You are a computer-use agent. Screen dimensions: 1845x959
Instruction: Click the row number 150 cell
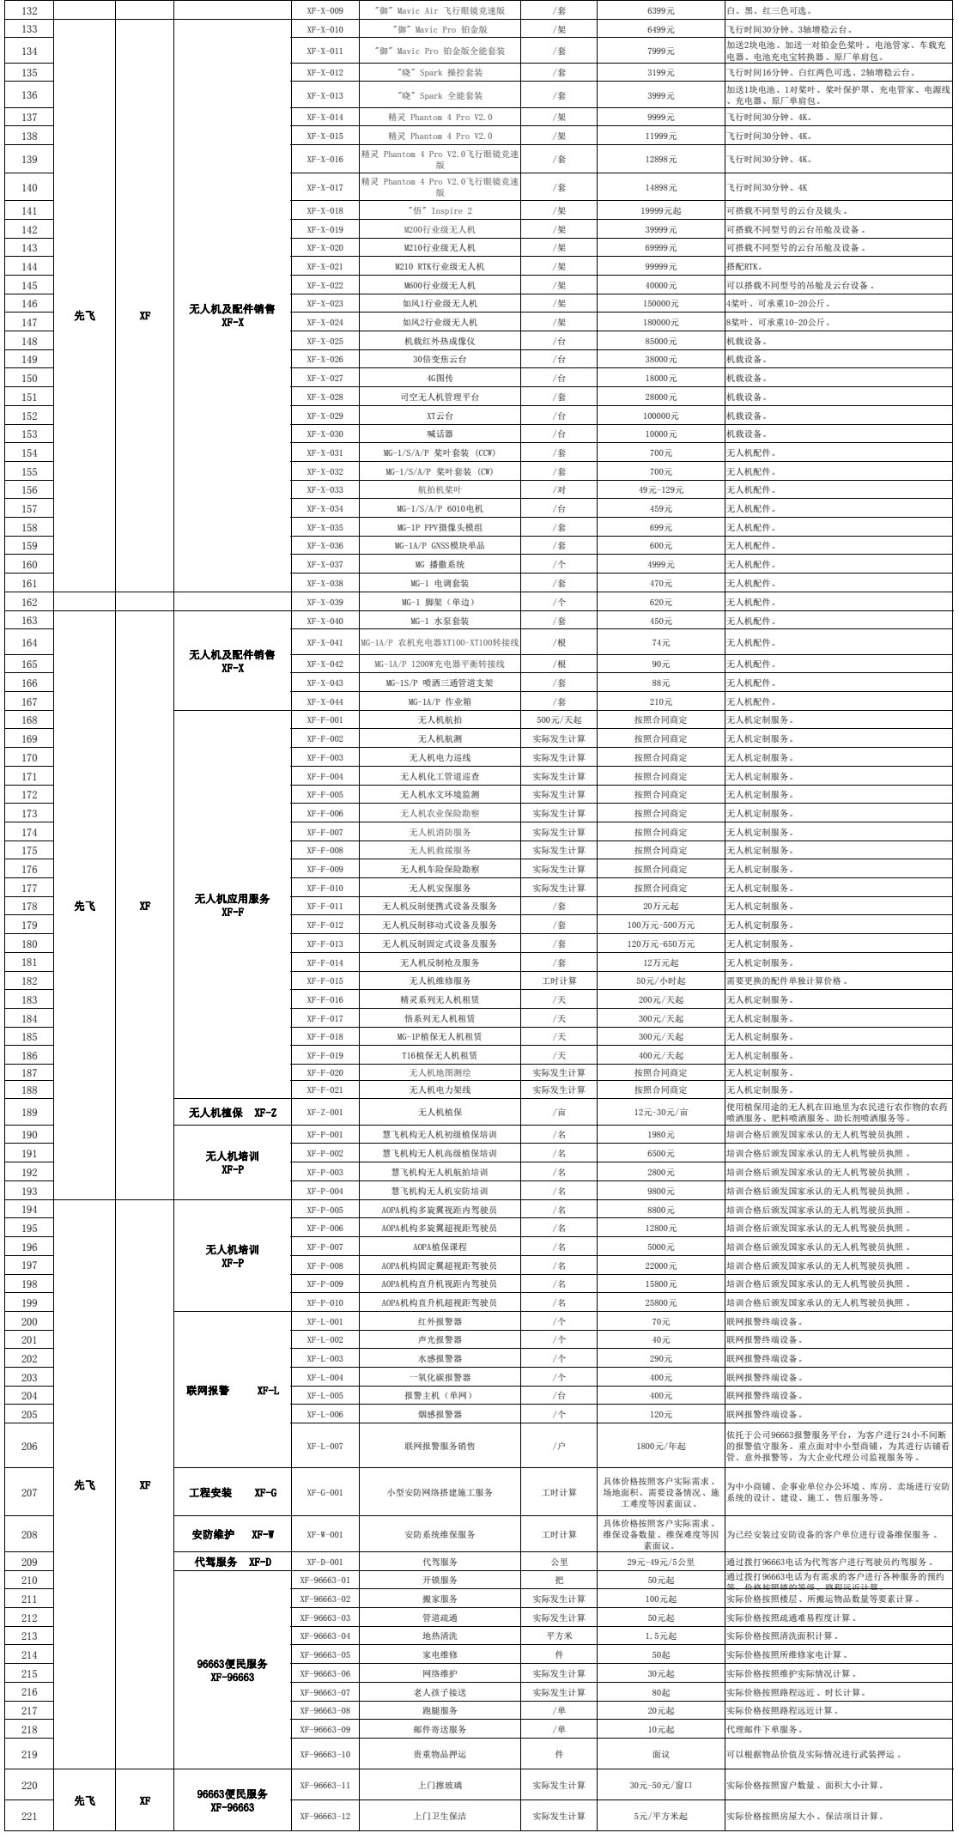[29, 379]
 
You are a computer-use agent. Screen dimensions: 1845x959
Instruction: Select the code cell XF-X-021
[324, 267]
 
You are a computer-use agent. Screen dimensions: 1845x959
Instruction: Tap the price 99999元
[661, 267]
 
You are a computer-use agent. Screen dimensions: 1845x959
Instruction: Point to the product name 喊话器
[440, 434]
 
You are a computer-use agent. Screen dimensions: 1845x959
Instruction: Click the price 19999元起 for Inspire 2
[661, 211]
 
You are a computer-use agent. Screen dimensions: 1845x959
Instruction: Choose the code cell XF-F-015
[324, 981]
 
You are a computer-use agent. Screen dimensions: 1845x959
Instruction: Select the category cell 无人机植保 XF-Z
[232, 1113]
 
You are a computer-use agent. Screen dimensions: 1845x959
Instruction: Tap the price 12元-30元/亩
[661, 1113]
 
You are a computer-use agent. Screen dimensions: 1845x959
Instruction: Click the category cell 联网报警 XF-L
[232, 1390]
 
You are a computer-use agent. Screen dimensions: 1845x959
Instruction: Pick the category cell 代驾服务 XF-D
[232, 1562]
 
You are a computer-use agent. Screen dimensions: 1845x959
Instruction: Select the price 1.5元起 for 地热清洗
[661, 1636]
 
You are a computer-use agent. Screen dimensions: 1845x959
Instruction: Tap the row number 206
[29, 1446]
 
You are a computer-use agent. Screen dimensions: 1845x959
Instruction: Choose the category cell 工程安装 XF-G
[232, 1492]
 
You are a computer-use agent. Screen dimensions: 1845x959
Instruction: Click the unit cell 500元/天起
[559, 720]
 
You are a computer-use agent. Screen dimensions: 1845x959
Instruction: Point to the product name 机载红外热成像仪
[440, 342]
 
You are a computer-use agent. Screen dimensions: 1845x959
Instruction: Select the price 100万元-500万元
[661, 926]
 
